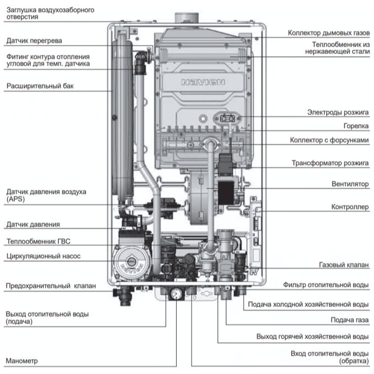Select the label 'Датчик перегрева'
coord(35,40)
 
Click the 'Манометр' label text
coord(22,361)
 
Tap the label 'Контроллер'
coord(350,207)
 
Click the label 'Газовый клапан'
coord(344,265)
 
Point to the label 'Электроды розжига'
coord(338,112)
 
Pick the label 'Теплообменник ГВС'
coord(37,242)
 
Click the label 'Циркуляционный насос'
coord(43,257)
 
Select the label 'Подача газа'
coord(349,319)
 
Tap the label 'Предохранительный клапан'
coord(51,286)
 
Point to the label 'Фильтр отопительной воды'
coord(326,285)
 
